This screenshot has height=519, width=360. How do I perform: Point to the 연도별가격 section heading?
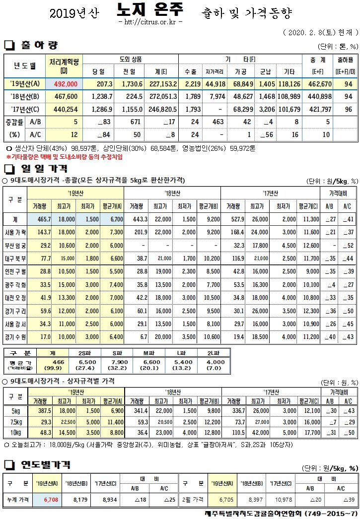pos(45,465)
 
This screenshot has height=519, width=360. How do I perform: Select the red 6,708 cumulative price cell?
pos(51,500)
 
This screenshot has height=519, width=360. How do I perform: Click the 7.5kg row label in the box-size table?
pos(16,421)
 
